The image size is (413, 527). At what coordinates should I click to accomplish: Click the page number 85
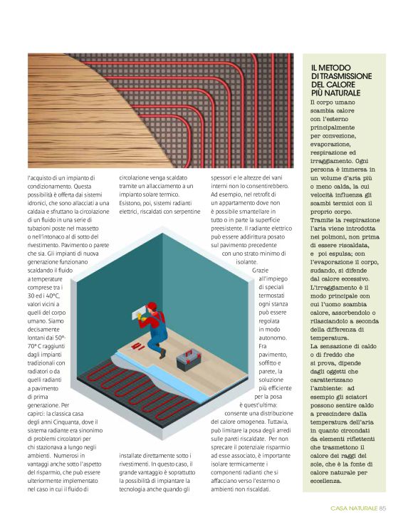point(382,508)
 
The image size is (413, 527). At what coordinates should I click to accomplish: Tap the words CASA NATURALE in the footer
point(354,508)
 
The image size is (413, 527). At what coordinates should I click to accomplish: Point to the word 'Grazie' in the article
point(261,271)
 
